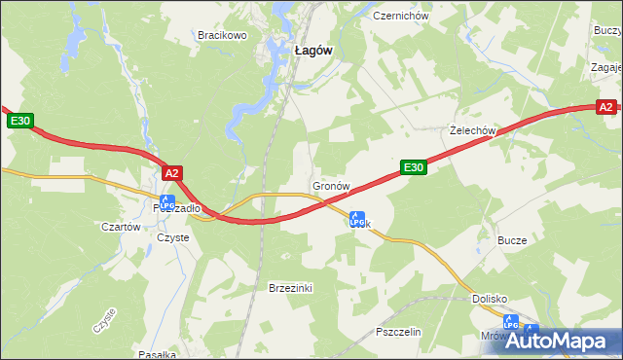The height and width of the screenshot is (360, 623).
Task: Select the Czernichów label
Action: [400, 17]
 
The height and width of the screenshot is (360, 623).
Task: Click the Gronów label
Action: [331, 185]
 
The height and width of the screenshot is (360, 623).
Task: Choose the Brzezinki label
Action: [289, 288]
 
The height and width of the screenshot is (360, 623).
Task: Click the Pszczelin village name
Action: [397, 332]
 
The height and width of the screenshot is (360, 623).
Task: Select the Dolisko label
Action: [492, 300]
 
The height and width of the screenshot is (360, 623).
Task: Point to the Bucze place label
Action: [512, 240]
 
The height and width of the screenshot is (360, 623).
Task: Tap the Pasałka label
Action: [156, 354]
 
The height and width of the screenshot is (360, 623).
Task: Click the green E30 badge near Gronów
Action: [414, 168]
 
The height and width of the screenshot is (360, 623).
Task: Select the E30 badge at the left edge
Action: [21, 121]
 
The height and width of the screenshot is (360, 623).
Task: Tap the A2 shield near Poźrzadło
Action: [171, 173]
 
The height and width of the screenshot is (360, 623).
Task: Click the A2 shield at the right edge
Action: [605, 107]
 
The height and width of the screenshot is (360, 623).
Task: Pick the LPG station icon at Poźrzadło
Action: [167, 203]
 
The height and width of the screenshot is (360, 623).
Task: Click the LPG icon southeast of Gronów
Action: [357, 220]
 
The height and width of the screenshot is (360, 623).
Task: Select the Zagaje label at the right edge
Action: [605, 68]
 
